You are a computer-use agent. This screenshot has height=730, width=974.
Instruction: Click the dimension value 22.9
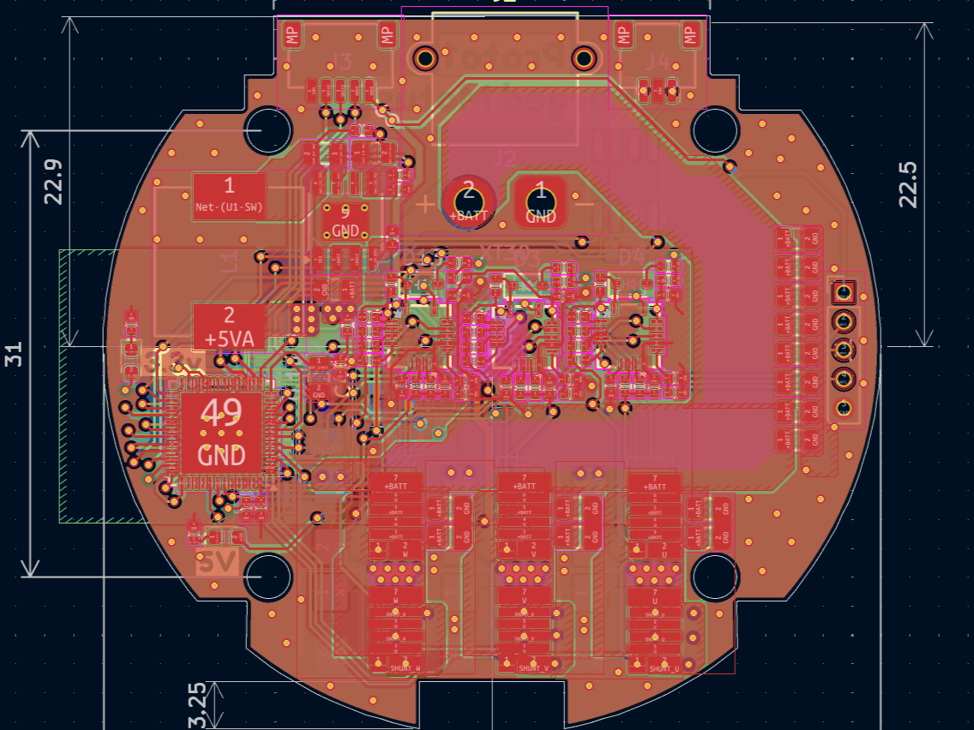[x=54, y=181]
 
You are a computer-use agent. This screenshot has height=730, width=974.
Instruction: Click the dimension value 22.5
[x=909, y=184]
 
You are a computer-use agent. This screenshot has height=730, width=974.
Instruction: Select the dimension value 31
[x=14, y=354]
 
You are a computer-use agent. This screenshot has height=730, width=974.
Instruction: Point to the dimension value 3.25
[x=196, y=705]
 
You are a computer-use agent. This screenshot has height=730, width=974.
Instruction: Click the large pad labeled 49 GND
[x=222, y=433]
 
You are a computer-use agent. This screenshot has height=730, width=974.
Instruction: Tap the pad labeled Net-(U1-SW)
[x=229, y=194]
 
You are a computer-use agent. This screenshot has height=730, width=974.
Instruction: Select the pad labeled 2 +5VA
[x=229, y=326]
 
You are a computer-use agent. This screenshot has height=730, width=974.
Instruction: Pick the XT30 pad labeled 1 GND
[x=541, y=201]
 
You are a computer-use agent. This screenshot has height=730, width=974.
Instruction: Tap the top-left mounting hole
[x=267, y=130]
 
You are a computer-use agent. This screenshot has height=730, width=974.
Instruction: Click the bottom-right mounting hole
[x=715, y=577]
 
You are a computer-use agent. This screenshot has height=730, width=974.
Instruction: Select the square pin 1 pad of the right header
[x=843, y=293]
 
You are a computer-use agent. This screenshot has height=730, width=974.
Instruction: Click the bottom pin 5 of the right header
[x=843, y=407]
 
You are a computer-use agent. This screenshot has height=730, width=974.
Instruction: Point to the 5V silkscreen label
[x=216, y=563]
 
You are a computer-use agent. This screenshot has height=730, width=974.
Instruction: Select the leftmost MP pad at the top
[x=293, y=35]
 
